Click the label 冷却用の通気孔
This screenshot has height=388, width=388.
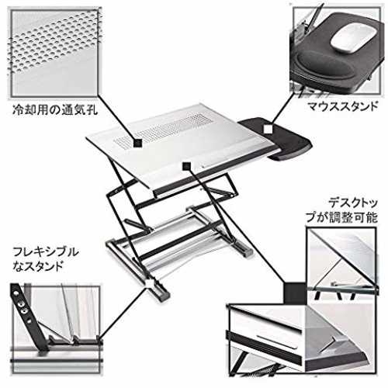pyautogui.click(x=55, y=109)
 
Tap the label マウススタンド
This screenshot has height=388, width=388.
pyautogui.click(x=343, y=106)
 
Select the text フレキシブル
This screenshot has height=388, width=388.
pyautogui.click(x=46, y=252)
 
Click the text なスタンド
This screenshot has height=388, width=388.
pyautogui.click(x=38, y=266)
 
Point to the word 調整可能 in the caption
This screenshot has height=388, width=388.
pyautogui.click(x=352, y=218)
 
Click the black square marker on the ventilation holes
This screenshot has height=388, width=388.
pyautogui.click(x=138, y=143)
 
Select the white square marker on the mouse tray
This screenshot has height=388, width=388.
pyautogui.click(x=268, y=129)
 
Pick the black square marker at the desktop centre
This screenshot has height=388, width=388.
pyautogui.click(x=186, y=166)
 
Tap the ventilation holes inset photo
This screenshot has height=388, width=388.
pyautogui.click(x=55, y=54)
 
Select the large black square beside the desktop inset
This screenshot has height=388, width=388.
pyautogui.click(x=295, y=293)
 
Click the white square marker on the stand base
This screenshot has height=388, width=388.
pyautogui.click(x=149, y=282)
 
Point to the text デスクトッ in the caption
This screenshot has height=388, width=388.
pyautogui.click(x=353, y=203)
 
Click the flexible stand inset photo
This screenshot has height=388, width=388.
pyautogui.click(x=56, y=328)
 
